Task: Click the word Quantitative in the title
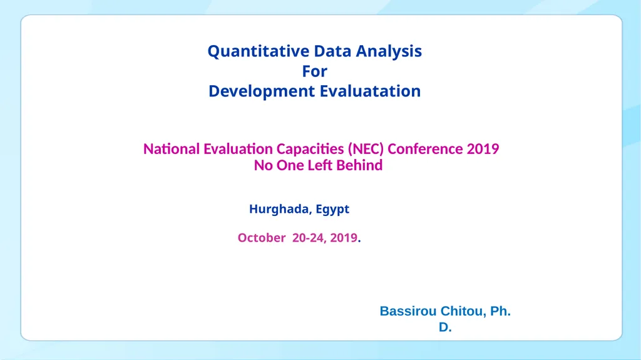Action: tap(259, 51)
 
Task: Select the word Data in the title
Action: tap(333, 51)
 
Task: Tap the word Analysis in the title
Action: tap(389, 51)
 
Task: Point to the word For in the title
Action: tap(315, 71)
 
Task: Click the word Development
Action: tap(262, 91)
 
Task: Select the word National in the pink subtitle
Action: tap(172, 149)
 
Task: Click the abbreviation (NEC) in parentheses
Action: tap(366, 149)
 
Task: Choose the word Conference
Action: tap(425, 149)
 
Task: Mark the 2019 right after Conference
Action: tap(483, 149)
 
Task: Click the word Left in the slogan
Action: tap(320, 165)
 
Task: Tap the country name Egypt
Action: tap(332, 210)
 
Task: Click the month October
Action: tap(262, 238)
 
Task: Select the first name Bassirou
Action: tap(408, 311)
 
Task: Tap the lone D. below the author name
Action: tap(445, 327)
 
